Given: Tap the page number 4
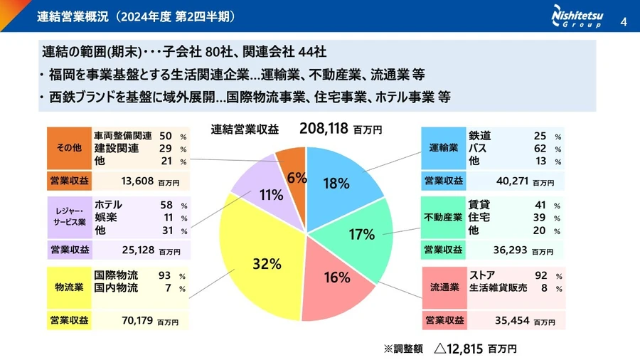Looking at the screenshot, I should (x=624, y=20).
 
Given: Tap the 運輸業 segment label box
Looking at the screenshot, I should (x=443, y=148).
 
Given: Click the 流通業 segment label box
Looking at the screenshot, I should (x=443, y=287).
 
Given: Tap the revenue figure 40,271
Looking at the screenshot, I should (x=511, y=181).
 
